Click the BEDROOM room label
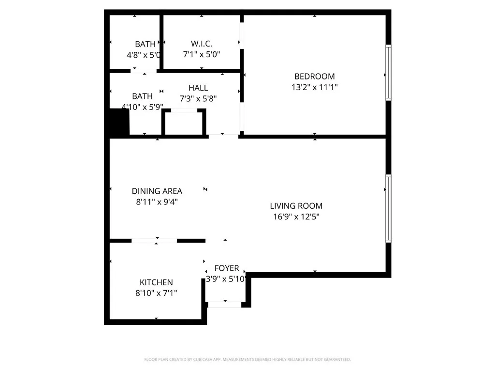point(314,76)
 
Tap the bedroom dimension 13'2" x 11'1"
point(314,88)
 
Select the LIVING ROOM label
point(296,206)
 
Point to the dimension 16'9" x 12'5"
point(296,217)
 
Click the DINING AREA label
point(157,191)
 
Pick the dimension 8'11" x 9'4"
point(157,202)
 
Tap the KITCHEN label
point(156,282)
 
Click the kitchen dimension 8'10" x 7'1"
point(156,293)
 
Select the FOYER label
point(227,268)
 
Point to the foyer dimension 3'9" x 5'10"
point(227,279)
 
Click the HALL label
point(198,88)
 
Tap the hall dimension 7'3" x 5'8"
point(198,98)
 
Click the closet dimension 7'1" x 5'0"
point(202,55)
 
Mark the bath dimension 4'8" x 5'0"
point(144,55)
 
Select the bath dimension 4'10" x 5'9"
point(142,107)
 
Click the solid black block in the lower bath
point(119,122)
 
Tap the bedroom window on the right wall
point(388,73)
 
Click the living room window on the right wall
point(388,208)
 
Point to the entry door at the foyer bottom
point(224,304)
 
